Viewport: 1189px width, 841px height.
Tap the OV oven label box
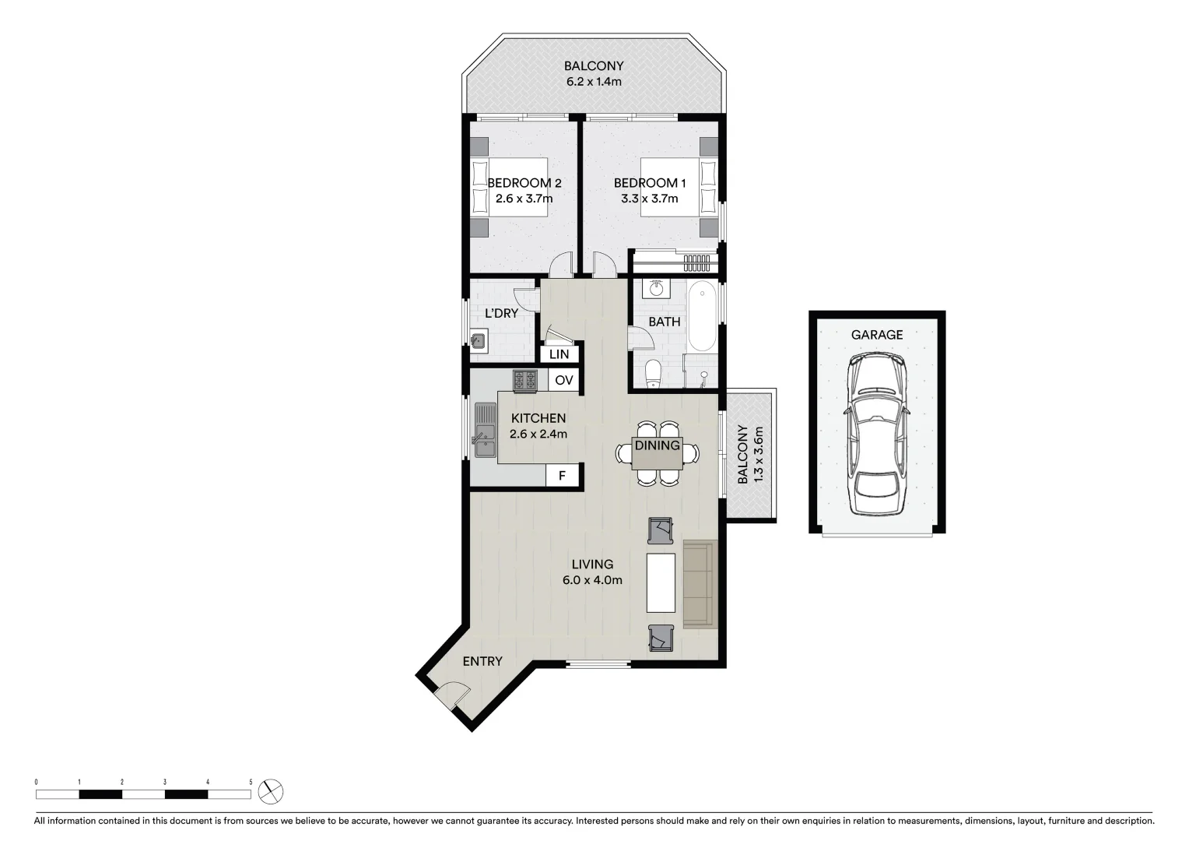[564, 380]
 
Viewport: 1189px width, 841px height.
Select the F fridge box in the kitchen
[562, 476]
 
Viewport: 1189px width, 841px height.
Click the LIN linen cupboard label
[559, 354]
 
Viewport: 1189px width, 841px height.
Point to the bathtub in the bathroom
[703, 317]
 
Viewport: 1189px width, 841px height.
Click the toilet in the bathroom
[652, 373]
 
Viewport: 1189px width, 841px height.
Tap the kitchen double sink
[484, 431]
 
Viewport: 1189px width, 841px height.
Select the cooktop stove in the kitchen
[524, 380]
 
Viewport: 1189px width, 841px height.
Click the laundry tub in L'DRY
[479, 340]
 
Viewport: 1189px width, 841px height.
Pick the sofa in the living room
[698, 584]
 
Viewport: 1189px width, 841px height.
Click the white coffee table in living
[661, 582]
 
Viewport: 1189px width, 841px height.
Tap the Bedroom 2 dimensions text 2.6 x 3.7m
[524, 199]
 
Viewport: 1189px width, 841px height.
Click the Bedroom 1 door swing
[604, 265]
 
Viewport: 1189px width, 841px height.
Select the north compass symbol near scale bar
[271, 792]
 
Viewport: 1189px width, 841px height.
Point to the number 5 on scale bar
[251, 781]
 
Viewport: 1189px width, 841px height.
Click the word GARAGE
[877, 335]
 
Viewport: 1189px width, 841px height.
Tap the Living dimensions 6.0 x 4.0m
[592, 580]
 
